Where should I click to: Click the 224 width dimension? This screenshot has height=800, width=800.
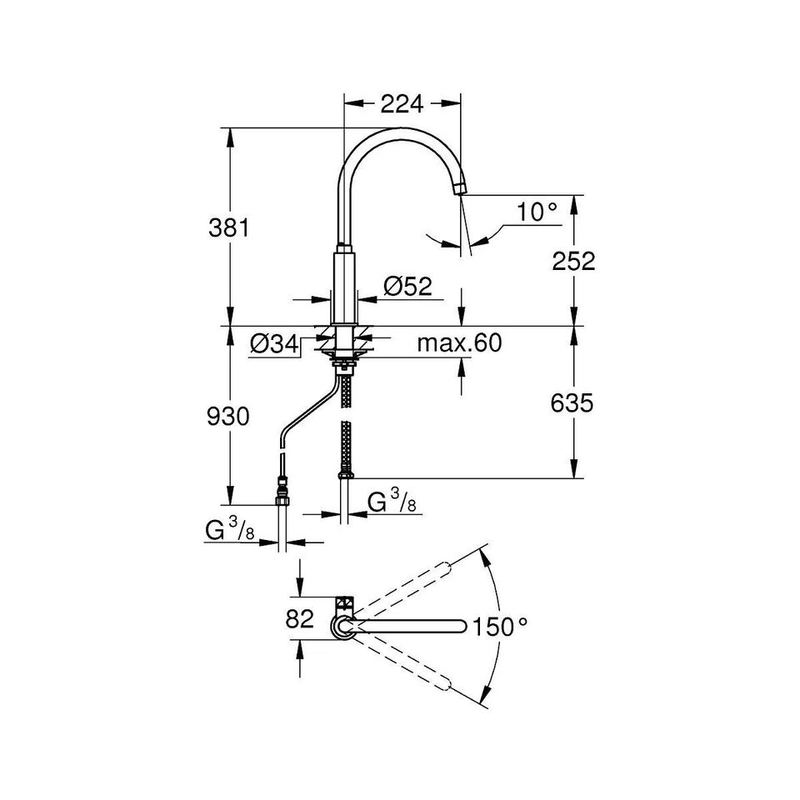pyautogui.click(x=402, y=103)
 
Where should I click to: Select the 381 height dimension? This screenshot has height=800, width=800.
pyautogui.click(x=229, y=227)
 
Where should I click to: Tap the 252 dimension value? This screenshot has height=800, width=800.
pyautogui.click(x=573, y=261)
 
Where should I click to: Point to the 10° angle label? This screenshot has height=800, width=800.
pyautogui.click(x=537, y=212)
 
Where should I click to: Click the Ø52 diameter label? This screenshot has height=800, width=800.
pyautogui.click(x=408, y=286)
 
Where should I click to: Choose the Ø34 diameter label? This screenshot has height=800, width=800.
pyautogui.click(x=274, y=344)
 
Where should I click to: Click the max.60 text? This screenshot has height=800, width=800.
pyautogui.click(x=459, y=342)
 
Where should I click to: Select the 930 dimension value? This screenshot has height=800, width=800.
pyautogui.click(x=228, y=417)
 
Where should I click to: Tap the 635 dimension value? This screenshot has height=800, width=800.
pyautogui.click(x=572, y=403)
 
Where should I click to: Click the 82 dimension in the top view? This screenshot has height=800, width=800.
pyautogui.click(x=299, y=619)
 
